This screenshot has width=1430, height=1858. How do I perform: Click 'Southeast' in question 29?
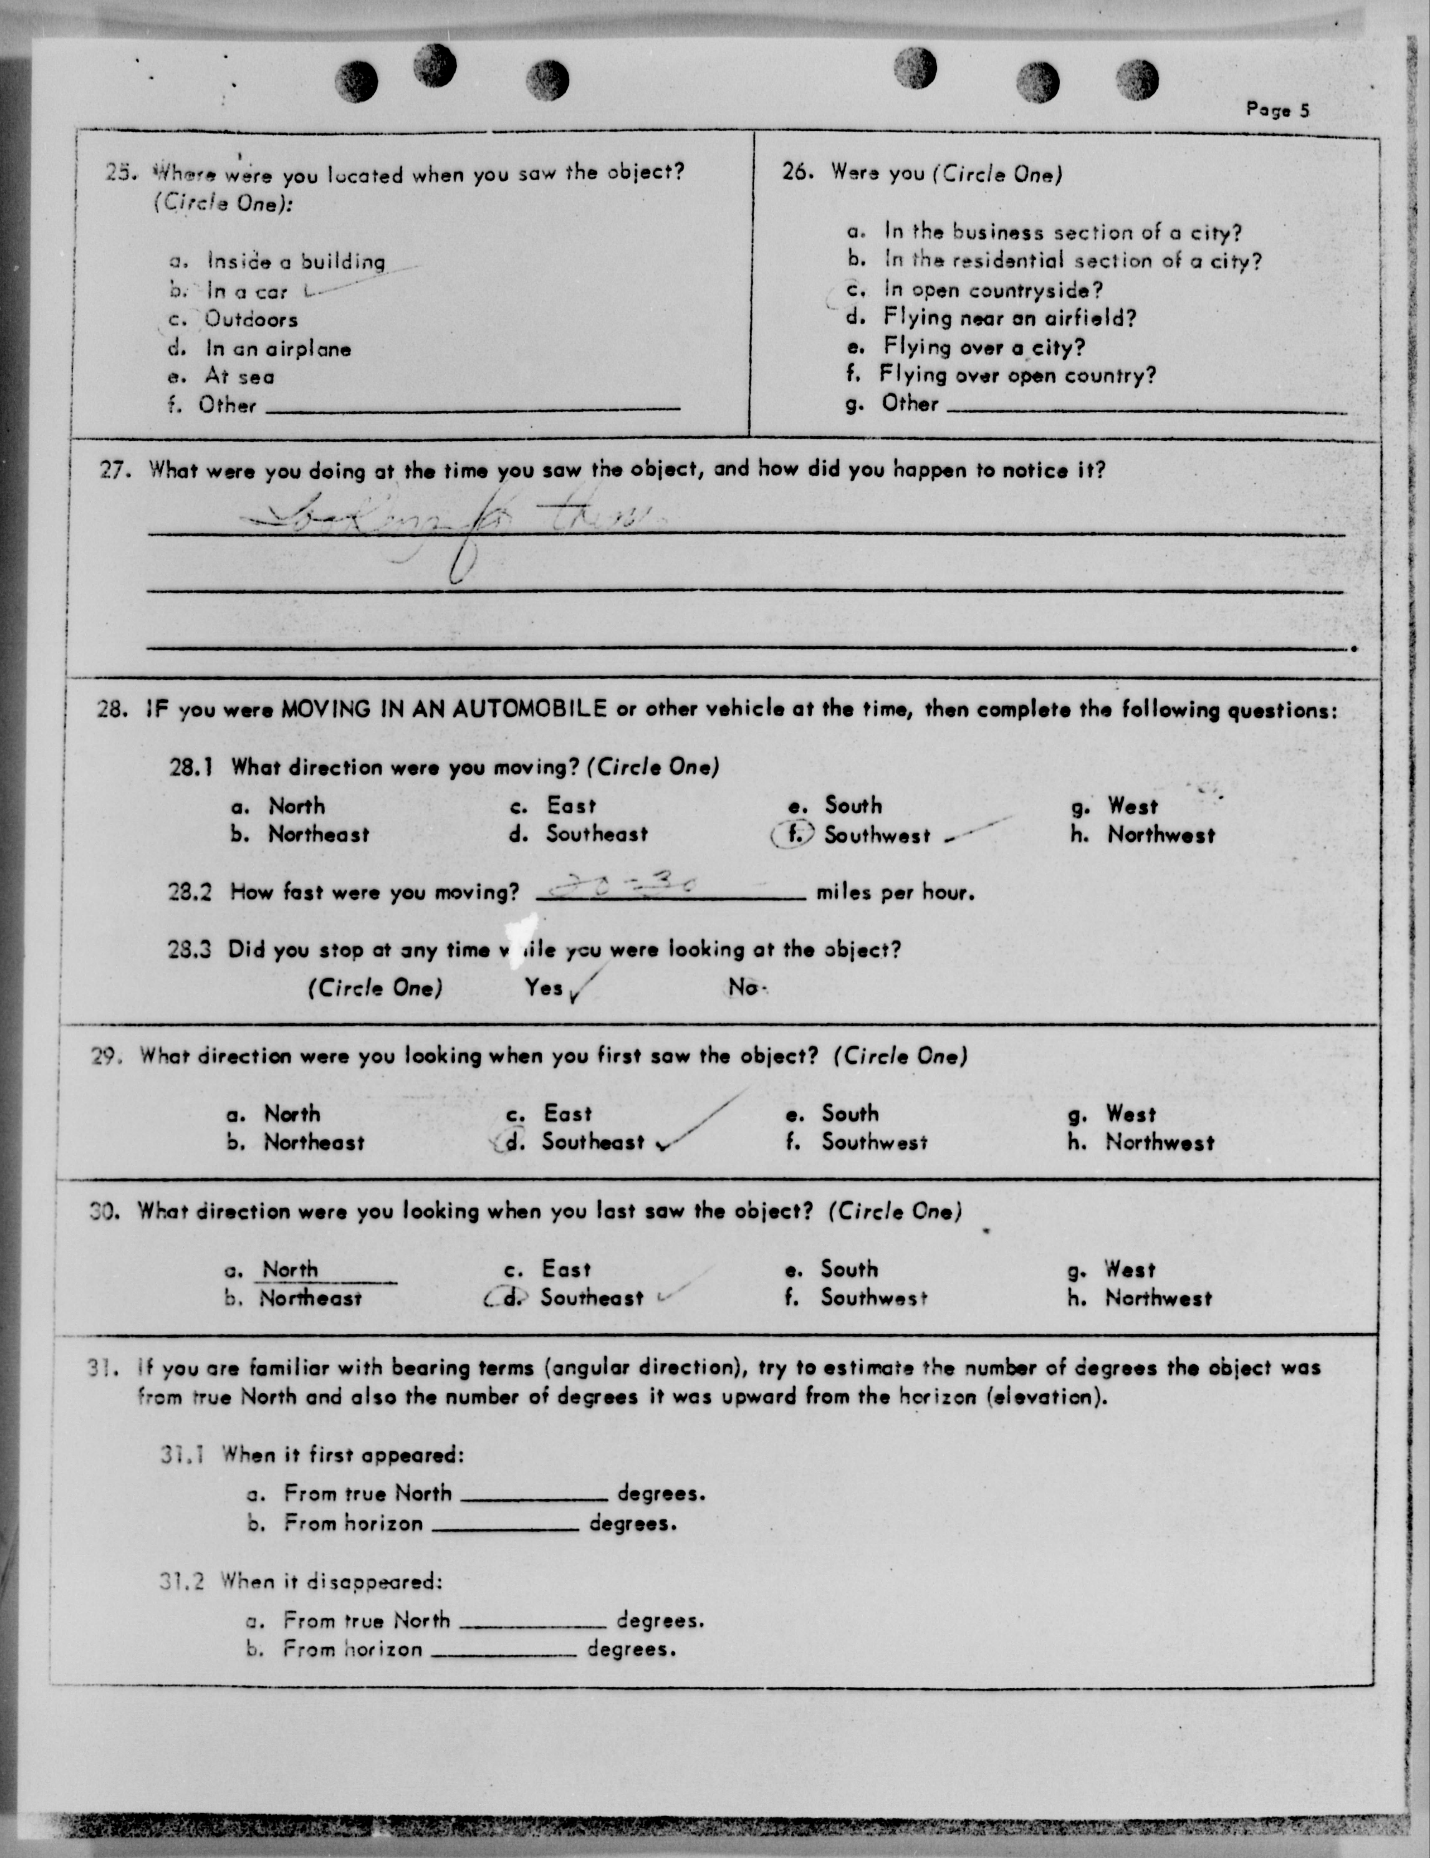tap(593, 1142)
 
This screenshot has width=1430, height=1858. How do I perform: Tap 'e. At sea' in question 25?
tap(238, 376)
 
